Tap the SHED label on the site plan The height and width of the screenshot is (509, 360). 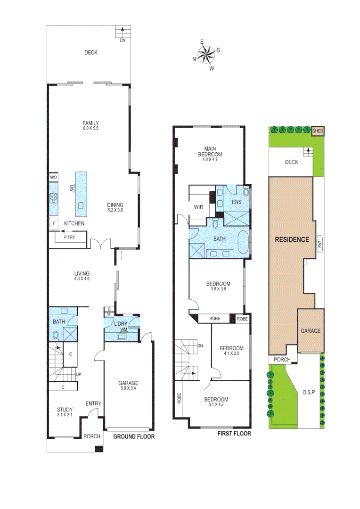click(319, 131)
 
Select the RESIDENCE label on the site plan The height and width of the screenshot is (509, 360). click(292, 239)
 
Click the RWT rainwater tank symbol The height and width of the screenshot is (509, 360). click(319, 244)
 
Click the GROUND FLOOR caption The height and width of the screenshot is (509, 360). click(134, 436)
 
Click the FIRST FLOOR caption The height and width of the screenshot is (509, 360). click(234, 434)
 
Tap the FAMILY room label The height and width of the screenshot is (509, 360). click(91, 123)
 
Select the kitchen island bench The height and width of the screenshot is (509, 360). click(81, 192)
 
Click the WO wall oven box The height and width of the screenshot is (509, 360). click(53, 178)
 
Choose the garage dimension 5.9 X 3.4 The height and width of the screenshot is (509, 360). click(128, 389)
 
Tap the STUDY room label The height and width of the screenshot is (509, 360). click(65, 410)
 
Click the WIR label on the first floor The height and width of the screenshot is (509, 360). click(198, 207)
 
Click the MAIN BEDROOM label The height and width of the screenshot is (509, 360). click(209, 151)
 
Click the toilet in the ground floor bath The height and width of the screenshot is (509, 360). click(56, 335)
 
